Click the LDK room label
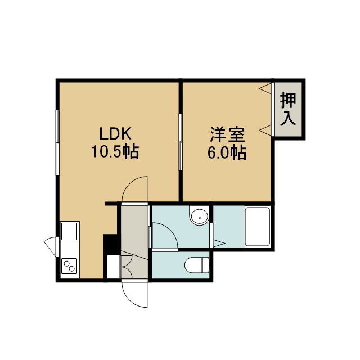point(115,134)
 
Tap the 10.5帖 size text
point(115,151)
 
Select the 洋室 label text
point(227,135)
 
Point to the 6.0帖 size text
point(227,152)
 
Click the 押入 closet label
point(288,109)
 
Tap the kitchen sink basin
point(69,231)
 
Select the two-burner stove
point(69,266)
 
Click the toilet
point(197,265)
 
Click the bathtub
point(258,227)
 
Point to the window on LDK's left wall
point(57,142)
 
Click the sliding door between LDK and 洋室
point(181,142)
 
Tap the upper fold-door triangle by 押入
point(265,88)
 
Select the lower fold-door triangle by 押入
point(265,130)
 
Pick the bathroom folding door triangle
point(219,244)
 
